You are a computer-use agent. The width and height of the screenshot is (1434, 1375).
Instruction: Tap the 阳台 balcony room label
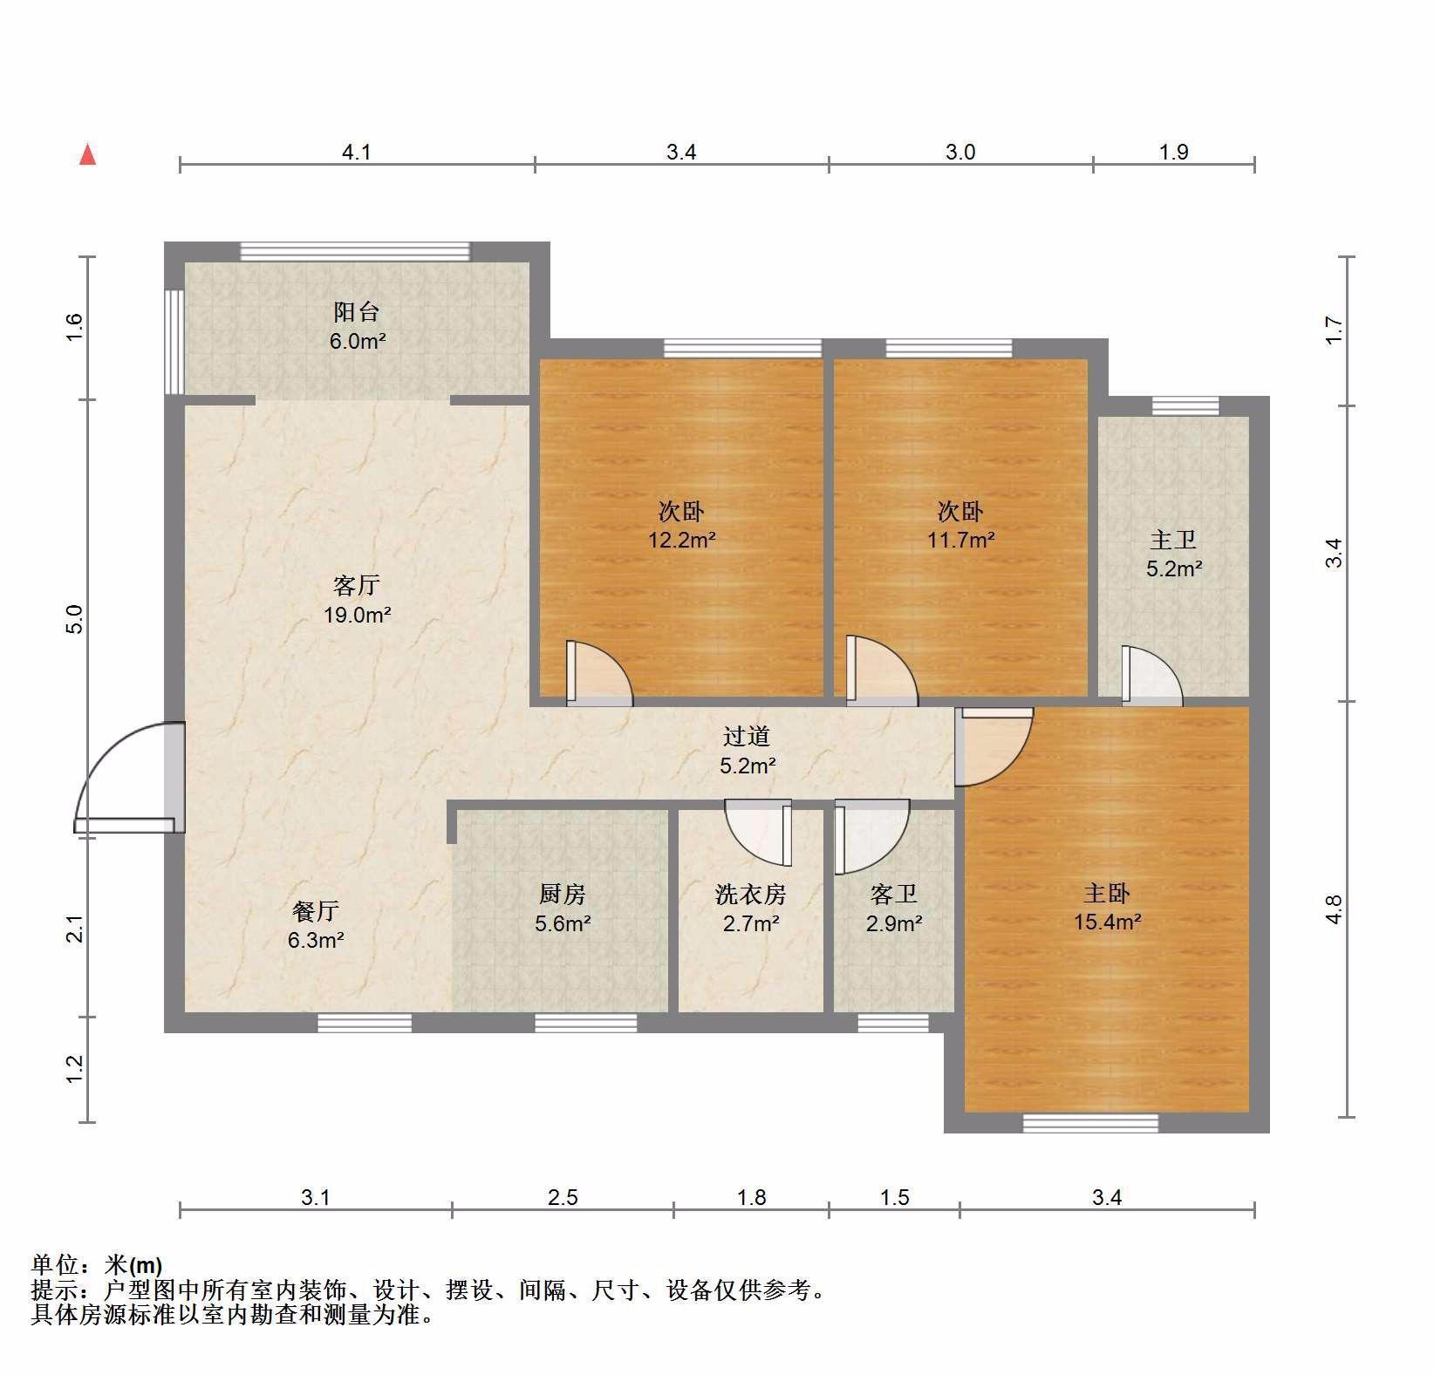[x=357, y=312]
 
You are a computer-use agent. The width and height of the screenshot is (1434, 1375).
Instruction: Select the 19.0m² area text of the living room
[x=357, y=615]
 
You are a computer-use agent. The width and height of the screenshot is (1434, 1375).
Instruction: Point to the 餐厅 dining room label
[x=316, y=911]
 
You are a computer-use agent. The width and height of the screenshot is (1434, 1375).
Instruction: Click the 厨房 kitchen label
[x=563, y=894]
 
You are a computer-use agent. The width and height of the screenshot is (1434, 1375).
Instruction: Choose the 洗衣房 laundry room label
[x=751, y=894]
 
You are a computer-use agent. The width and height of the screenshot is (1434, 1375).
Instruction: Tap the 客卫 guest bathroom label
[x=894, y=894]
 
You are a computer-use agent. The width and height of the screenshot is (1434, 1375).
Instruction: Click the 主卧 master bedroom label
[x=1107, y=893]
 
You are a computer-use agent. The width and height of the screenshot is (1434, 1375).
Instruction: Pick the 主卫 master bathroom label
[x=1173, y=541]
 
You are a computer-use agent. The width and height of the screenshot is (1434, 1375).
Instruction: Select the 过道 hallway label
[x=747, y=737]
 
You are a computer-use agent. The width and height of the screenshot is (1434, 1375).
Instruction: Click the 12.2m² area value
[x=681, y=540]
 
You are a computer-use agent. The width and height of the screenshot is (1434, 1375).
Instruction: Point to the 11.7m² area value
[x=960, y=540]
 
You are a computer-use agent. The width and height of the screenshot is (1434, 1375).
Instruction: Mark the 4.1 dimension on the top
[x=357, y=153]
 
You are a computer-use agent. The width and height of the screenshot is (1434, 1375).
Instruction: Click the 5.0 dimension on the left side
[x=74, y=619]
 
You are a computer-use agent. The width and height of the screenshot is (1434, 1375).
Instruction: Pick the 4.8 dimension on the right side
[x=1334, y=909]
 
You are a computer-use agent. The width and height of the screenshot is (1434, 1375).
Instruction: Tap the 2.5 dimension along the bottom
[x=563, y=1197]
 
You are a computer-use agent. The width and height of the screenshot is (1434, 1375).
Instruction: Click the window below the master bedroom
[x=1090, y=1123]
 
